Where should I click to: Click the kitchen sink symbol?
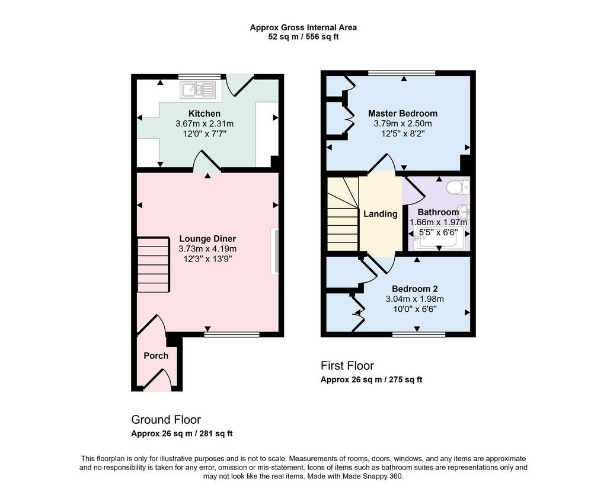click(x=198, y=90)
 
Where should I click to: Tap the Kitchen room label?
click(x=205, y=113)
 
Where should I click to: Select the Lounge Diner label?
click(x=207, y=239)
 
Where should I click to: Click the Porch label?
click(x=156, y=356)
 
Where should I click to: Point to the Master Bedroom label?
click(x=402, y=113)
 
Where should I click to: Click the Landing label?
click(x=381, y=213)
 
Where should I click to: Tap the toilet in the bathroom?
click(x=458, y=187)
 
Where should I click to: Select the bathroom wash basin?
click(x=463, y=212)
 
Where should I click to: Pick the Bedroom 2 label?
click(x=414, y=289)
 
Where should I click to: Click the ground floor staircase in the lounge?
click(x=154, y=265)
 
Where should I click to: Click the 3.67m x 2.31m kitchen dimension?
click(x=205, y=124)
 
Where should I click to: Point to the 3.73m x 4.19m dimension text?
click(x=207, y=249)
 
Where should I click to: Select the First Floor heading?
click(x=347, y=366)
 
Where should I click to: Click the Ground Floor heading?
click(x=166, y=420)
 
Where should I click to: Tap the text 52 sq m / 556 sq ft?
click(x=303, y=37)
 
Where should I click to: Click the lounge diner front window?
click(x=232, y=334)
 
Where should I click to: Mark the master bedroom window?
click(x=402, y=73)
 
